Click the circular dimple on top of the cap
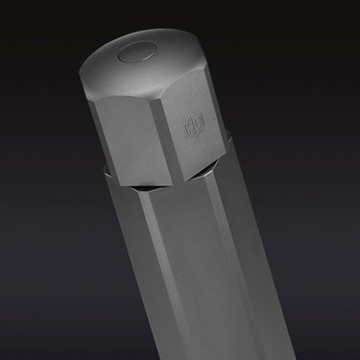134,54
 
